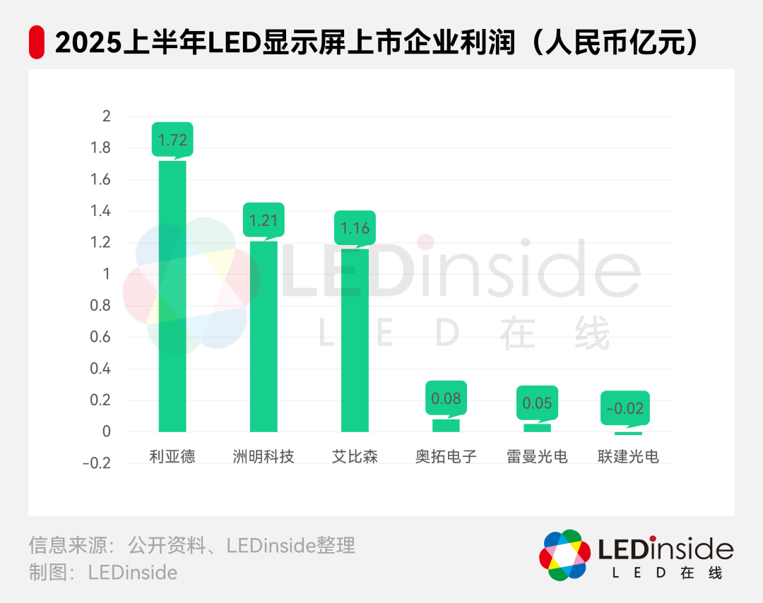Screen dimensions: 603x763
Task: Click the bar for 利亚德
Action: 172,297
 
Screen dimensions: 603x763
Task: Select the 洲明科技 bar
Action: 264,336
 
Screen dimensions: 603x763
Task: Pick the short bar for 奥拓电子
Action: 446,425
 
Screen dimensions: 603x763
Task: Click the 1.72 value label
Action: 172,140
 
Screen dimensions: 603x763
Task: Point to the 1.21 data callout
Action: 264,220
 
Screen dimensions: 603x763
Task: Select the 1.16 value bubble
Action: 355,228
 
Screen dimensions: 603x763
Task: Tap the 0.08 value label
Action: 446,398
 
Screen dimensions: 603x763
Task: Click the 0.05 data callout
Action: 537,403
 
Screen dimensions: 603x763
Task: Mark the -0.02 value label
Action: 628,408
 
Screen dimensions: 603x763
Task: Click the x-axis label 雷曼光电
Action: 537,456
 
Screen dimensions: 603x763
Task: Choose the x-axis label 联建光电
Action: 628,456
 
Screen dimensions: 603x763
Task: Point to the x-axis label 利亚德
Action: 172,456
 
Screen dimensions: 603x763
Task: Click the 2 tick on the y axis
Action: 107,117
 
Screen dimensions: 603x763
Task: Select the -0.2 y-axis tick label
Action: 97,463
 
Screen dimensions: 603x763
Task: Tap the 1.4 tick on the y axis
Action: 102,211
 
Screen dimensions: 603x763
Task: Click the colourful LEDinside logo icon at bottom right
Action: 564,555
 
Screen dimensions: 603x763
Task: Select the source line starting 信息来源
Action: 191,545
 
